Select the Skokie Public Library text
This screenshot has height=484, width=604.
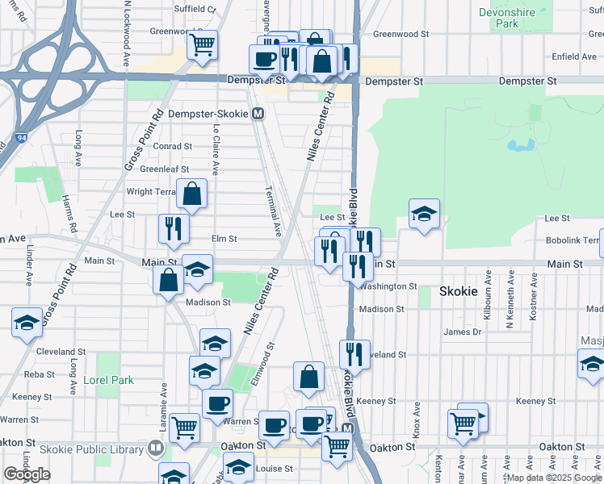(98, 449)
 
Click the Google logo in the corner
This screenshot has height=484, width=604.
(27, 474)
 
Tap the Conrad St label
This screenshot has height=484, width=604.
(172, 147)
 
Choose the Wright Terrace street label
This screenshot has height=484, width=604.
(151, 192)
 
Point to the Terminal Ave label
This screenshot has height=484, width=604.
(274, 211)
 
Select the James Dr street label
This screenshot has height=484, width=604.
(462, 332)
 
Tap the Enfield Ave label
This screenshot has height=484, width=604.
(574, 57)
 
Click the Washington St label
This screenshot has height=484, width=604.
(388, 286)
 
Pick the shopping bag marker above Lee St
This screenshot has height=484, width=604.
(192, 194)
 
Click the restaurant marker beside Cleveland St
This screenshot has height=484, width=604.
(354, 353)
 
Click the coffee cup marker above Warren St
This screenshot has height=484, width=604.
(216, 403)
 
